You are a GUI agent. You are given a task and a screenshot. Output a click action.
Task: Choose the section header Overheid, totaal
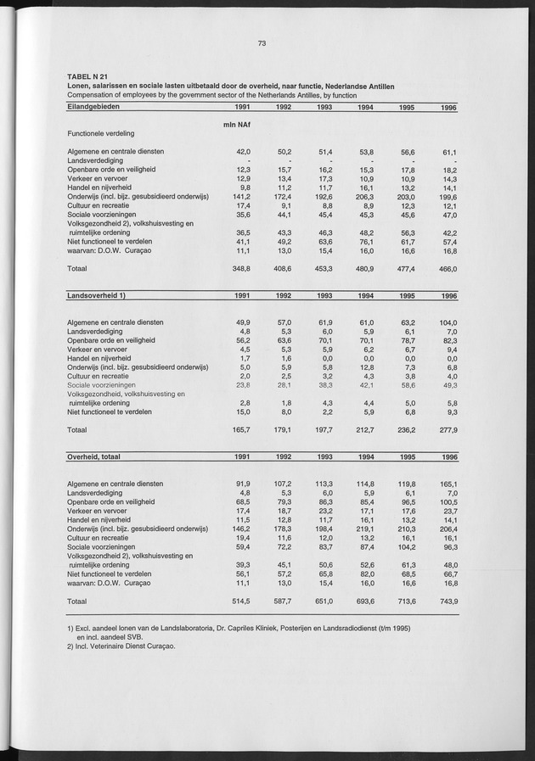coord(97,456)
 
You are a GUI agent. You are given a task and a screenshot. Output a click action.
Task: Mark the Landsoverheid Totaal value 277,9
coord(446,430)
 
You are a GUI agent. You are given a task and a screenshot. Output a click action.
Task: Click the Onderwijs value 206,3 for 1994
coord(365,196)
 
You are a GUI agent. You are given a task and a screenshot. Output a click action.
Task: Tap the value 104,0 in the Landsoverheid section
coord(446,322)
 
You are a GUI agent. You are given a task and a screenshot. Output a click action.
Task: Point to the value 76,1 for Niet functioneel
coord(367,242)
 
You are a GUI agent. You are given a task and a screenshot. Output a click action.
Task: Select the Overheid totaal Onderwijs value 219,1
coord(365,527)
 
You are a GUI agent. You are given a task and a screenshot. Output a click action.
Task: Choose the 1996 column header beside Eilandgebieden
coord(448,108)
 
